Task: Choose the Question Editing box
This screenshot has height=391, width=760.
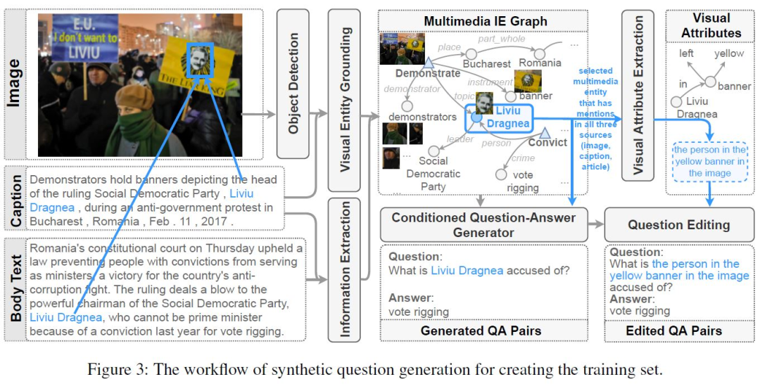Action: coord(678,225)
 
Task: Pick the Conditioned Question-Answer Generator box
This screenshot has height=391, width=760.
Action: coord(483,224)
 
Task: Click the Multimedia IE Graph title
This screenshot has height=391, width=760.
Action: coord(485,21)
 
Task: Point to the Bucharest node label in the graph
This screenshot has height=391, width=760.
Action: coord(486,64)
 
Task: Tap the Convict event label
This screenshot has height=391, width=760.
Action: coord(547,143)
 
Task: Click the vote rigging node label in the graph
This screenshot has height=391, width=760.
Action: coord(518,181)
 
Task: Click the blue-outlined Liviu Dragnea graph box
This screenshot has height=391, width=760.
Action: coord(498,117)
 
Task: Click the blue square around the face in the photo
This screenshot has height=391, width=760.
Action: coord(201,59)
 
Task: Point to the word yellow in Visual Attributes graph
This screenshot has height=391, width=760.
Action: coord(728,54)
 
